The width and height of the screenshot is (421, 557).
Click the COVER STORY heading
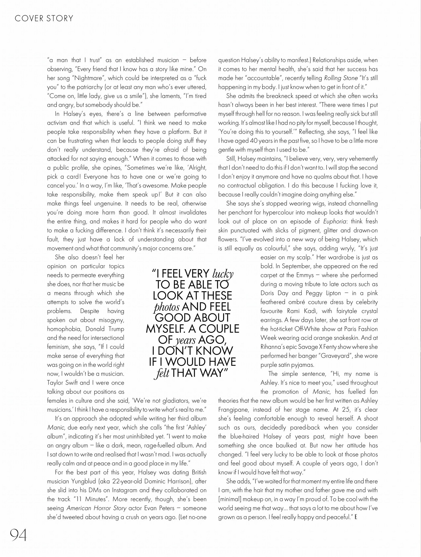(44, 18)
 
